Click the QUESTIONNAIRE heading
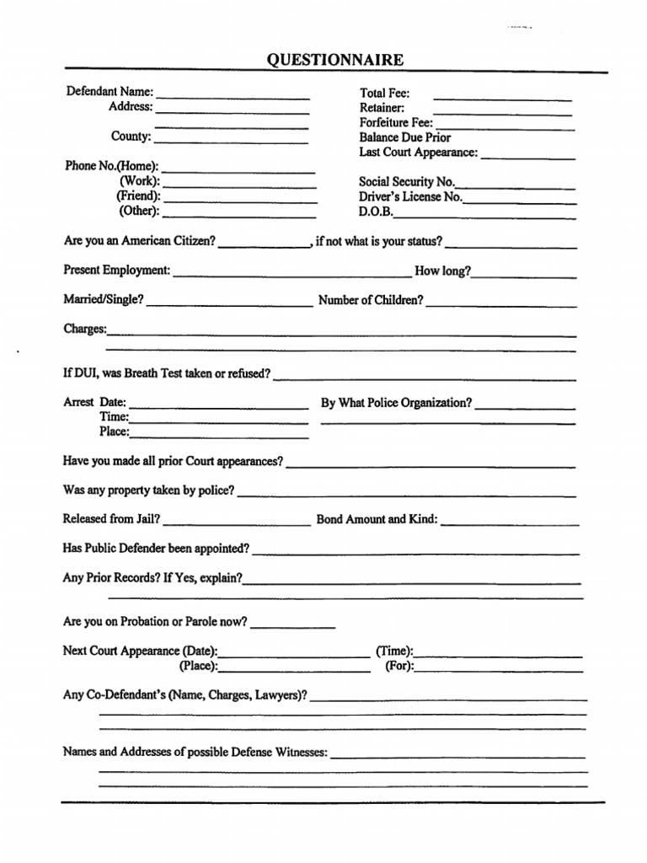click(x=335, y=60)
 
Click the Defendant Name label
click(x=110, y=92)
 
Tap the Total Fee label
click(x=384, y=94)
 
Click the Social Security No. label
click(x=407, y=181)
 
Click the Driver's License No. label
click(x=411, y=196)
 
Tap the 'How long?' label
click(x=443, y=271)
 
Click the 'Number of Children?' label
click(x=371, y=300)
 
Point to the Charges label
click(x=84, y=329)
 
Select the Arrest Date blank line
click(x=218, y=408)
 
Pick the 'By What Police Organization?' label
click(x=396, y=403)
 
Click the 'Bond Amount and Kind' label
click(x=377, y=519)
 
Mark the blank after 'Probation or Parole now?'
click(x=292, y=627)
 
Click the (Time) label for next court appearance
click(x=394, y=651)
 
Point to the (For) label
click(x=399, y=666)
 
